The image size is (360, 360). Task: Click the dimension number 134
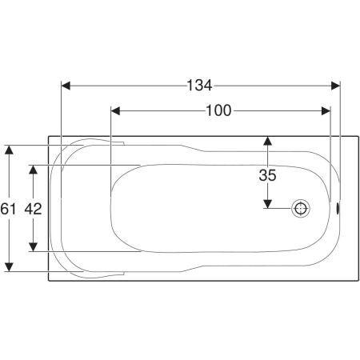pos(199,86)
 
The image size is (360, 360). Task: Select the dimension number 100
pos(218,110)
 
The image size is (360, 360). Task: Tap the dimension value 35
pos(267,175)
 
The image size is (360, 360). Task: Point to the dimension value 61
pos(8,209)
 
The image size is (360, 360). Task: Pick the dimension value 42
pos(33,209)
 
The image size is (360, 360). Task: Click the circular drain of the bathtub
pos(301,208)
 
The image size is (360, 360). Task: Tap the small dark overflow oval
pos(338,208)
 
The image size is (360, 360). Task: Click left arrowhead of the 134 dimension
pos(66,86)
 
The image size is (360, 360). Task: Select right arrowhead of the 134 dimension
pos(335,86)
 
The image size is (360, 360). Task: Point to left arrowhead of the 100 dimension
pos(115,111)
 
